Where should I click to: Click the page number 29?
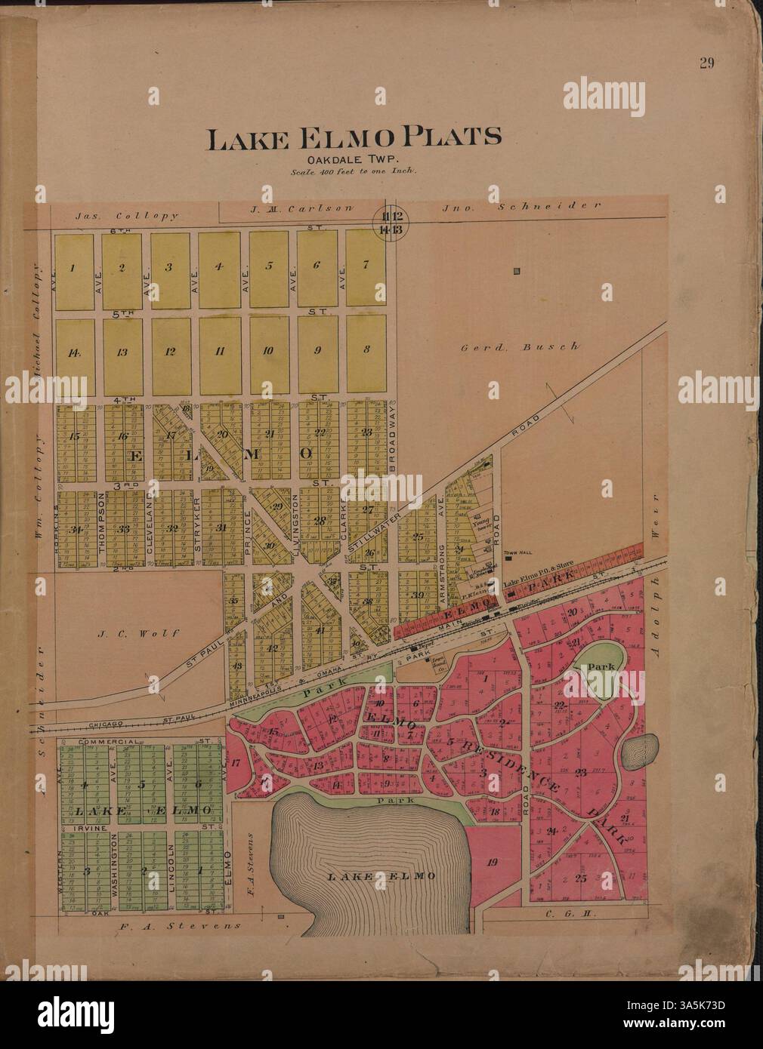click(x=706, y=63)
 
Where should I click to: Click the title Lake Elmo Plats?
click(x=354, y=137)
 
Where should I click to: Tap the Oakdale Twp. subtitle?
click(x=354, y=159)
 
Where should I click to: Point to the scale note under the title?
click(x=354, y=171)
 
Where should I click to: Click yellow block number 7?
click(x=365, y=265)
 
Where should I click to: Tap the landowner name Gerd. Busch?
click(x=520, y=346)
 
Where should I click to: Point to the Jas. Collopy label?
click(x=127, y=215)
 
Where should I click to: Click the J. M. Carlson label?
click(x=301, y=207)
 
